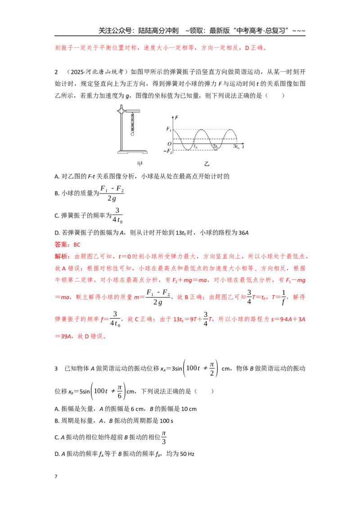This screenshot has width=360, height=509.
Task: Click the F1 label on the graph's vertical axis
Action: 169,129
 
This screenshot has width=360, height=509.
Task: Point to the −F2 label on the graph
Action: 167,151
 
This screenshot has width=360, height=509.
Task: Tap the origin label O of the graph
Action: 169,144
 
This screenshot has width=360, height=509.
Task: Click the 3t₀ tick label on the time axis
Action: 236,147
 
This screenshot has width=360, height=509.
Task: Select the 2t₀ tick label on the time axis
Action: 216,147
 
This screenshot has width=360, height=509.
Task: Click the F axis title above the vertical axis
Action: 176,117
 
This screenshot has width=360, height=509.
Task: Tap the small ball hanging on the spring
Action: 133,134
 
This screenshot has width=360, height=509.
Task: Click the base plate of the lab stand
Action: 132,152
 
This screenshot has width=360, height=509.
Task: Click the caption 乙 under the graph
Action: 207,164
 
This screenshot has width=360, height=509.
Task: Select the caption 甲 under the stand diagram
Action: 139,164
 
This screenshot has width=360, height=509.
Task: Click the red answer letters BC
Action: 76,245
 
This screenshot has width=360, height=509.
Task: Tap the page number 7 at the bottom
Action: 56,477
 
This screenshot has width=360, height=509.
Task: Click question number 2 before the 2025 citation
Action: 56,72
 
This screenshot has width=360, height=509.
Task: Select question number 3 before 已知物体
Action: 56,368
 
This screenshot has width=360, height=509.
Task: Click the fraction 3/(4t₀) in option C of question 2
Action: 117,215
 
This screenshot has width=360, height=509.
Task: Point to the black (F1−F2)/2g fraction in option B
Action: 112,193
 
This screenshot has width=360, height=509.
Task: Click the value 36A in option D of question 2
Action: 244,233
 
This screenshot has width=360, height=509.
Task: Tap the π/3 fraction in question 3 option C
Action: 164,438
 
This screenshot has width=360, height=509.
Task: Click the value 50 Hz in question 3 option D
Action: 187,454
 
